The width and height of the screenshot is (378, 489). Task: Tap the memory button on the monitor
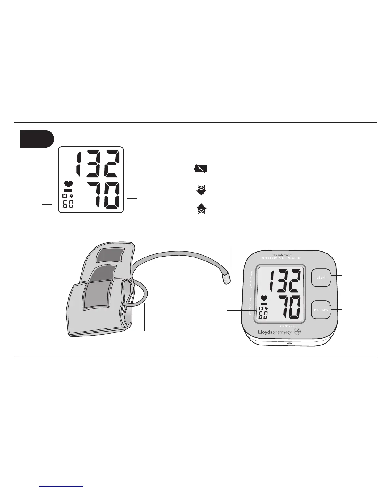321,310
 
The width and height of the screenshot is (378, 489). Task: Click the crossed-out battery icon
200,169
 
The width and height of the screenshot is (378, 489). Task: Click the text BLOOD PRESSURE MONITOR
281,258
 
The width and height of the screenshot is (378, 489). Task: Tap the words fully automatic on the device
281,255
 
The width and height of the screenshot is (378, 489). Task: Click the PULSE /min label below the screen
287,326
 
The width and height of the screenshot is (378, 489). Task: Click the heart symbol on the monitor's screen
264,298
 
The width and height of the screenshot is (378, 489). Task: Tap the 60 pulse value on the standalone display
68,204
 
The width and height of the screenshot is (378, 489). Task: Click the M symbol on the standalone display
65,196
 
